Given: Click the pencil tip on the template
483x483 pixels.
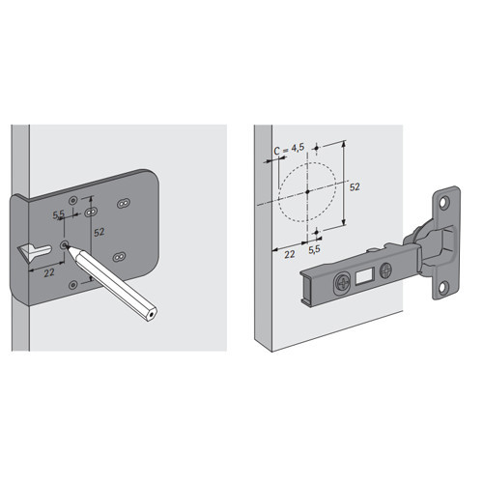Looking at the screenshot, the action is pos(67,246).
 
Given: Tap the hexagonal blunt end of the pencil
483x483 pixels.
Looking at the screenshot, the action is pos(152,315).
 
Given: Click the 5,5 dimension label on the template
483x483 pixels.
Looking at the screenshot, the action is pos(58,214).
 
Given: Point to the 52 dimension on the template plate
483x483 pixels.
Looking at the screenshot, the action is pos(99,232).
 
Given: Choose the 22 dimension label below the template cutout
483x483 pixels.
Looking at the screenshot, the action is pos(49,273).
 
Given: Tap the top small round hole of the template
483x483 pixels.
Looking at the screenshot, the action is pos(73,201).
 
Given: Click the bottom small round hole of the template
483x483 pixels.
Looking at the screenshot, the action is pos(73,285).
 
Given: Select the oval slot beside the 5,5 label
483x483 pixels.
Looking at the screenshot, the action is pos(91,213).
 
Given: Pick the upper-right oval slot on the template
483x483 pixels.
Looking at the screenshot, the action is pos(124,203).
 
